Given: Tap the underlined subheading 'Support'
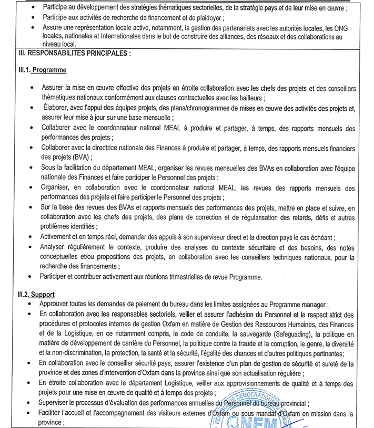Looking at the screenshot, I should pos(43,294).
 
